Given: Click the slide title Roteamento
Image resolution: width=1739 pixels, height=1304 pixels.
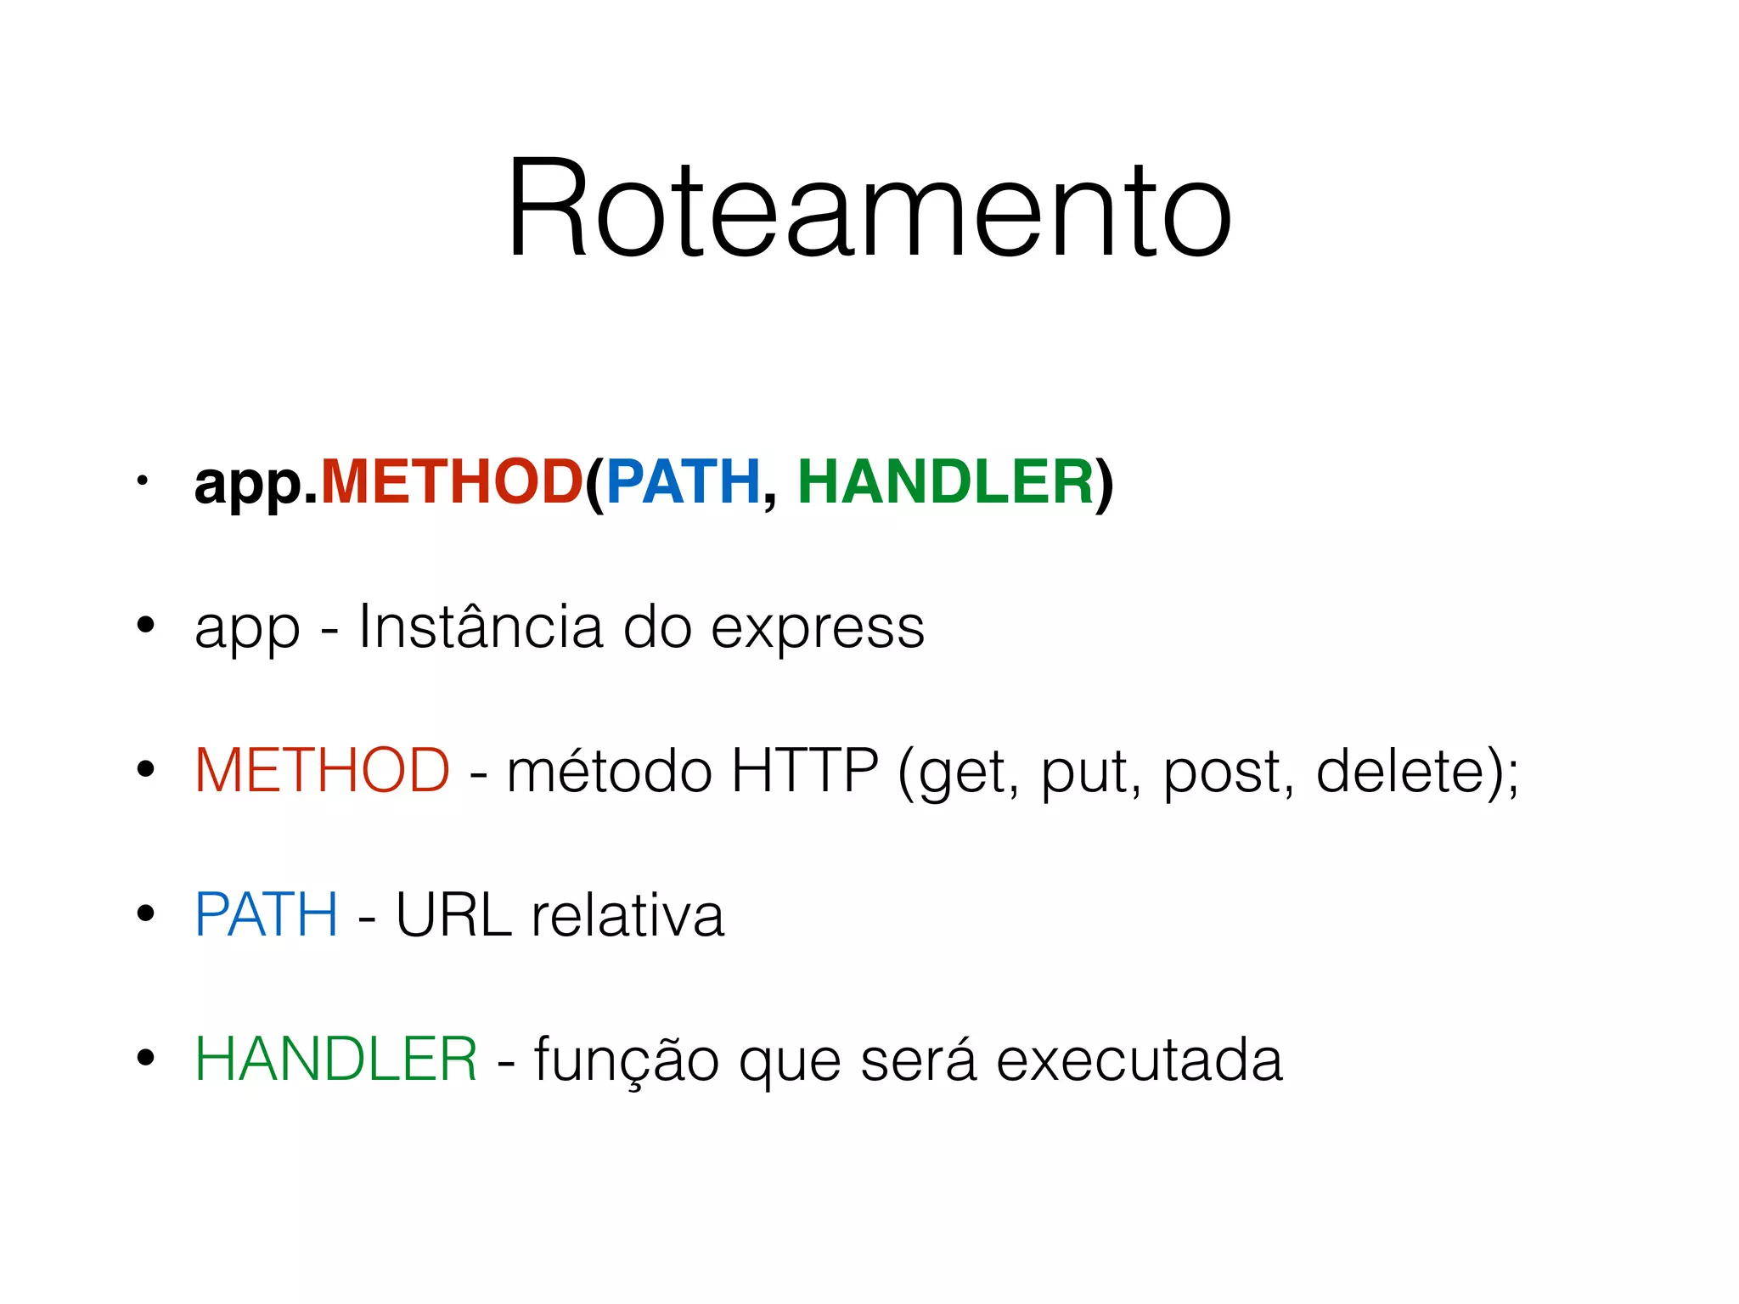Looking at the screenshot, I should [869, 208].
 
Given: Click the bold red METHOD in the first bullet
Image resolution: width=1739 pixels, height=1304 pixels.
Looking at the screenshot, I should [452, 482].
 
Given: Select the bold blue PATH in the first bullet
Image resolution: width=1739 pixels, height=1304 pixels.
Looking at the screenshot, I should [683, 482].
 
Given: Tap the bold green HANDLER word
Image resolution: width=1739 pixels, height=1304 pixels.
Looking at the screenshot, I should [945, 482].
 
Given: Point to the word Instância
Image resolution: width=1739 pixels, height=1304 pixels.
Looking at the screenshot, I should [480, 627].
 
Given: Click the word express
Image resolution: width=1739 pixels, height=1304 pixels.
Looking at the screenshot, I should [817, 630].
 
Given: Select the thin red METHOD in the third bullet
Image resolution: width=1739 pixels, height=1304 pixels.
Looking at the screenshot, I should [323, 771].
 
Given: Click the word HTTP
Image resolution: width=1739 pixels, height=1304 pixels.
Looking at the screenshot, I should [804, 771].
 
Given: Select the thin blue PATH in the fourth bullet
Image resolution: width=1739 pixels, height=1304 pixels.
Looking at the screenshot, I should [267, 915].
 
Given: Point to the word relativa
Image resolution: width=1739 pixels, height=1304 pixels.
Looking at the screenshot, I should [628, 915].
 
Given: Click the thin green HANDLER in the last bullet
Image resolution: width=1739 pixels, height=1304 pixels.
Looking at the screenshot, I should [336, 1059].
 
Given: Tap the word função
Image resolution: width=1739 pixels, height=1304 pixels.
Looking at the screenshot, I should [627, 1061].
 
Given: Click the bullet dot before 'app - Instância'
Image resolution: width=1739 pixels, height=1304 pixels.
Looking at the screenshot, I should [146, 626].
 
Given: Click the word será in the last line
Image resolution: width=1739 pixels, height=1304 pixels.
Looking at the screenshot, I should [918, 1061].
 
